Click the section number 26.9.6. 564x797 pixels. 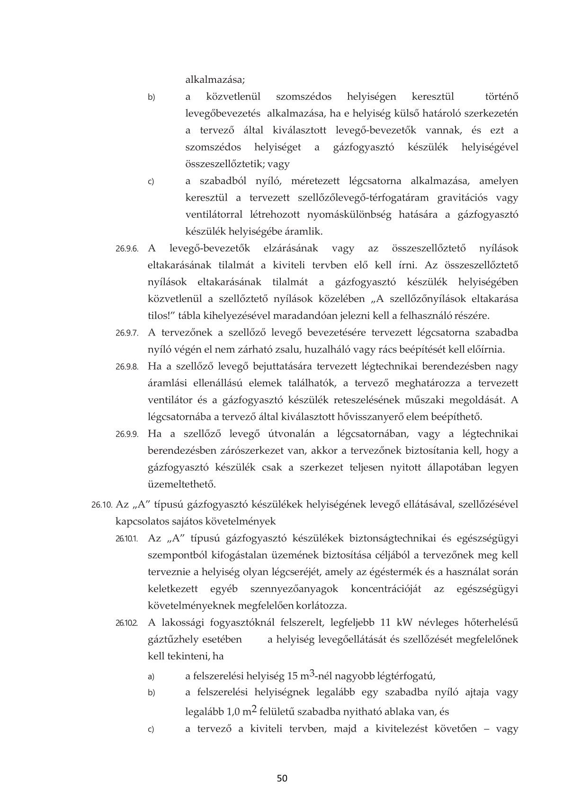coord(126,248)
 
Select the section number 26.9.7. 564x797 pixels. coord(126,333)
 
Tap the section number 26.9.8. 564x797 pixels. coord(126,367)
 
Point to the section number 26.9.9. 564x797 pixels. coord(126,434)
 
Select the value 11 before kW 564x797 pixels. coord(387,622)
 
